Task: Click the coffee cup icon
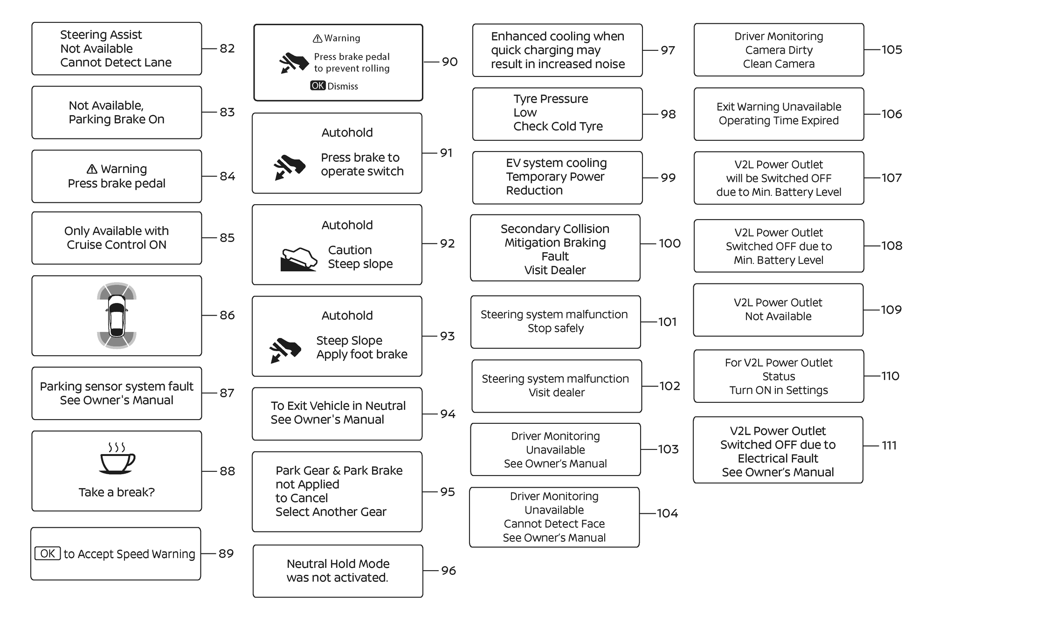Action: [117, 459]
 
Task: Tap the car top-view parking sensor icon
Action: [117, 315]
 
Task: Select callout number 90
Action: [449, 62]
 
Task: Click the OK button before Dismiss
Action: [318, 86]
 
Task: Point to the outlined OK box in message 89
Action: [48, 553]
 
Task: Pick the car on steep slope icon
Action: [298, 259]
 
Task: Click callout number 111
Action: [889, 446]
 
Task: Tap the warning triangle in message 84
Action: [92, 169]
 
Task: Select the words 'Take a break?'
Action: [117, 492]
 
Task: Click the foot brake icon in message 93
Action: [285, 350]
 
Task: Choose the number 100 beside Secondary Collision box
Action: [670, 243]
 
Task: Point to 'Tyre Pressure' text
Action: [551, 99]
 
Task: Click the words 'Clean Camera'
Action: [779, 64]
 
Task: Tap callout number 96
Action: [449, 571]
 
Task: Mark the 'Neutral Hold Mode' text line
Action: [338, 564]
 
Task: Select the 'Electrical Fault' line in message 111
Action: [778, 458]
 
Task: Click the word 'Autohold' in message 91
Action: [347, 133]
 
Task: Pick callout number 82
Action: [227, 48]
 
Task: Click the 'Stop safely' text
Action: [555, 328]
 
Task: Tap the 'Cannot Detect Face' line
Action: [554, 524]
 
